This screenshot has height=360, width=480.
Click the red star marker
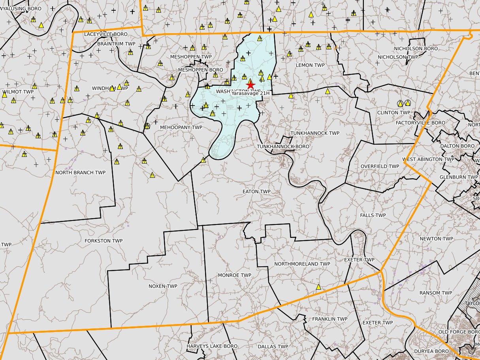250,85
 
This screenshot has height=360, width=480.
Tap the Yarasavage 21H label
250,93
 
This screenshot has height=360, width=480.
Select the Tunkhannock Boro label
283,147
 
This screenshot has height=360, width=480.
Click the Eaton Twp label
256,192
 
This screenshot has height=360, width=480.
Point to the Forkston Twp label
104,241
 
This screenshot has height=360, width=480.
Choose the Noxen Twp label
163,286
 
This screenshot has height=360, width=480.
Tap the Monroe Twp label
234,275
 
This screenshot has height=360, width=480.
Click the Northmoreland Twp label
302,264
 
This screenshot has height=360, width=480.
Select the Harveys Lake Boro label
212,346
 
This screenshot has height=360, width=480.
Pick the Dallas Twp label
273,347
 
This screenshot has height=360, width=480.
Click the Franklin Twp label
329,319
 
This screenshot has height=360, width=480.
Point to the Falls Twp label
373,215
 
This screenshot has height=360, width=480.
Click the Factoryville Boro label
420,123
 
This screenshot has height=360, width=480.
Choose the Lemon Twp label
310,65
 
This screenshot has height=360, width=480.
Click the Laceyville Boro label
105,34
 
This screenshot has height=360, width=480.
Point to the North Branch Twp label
80,173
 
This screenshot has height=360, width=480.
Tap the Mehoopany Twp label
181,128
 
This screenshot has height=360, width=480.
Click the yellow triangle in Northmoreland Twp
318,287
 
